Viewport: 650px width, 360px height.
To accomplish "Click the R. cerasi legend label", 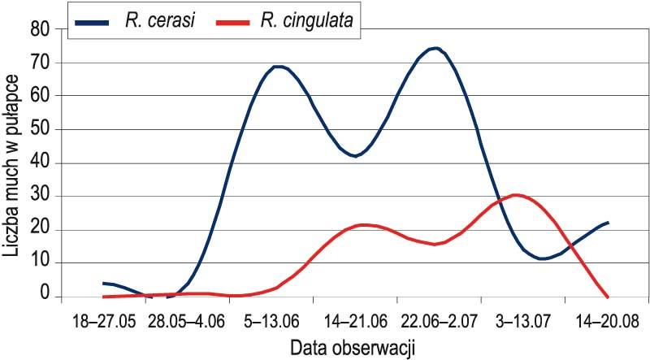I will point(159,21).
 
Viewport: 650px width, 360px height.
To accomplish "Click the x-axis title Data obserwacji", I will point(353,348).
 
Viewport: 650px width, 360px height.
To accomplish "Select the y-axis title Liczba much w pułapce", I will point(13,163).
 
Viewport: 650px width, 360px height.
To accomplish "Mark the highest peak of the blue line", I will point(435,48).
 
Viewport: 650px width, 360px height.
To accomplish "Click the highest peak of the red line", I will point(515,195).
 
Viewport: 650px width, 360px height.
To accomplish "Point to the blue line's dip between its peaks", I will point(355,156).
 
